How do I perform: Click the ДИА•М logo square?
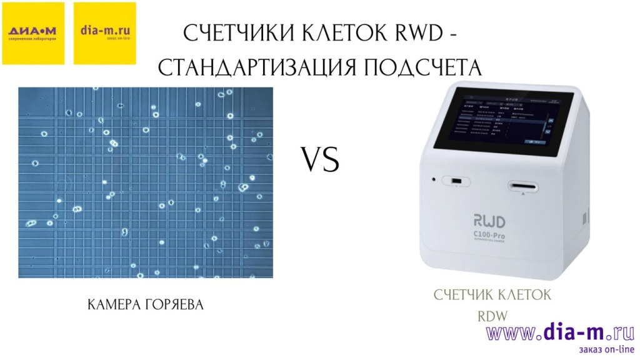(x=33, y=33)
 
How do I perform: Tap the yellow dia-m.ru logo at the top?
(x=104, y=33)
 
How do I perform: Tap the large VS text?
(x=321, y=160)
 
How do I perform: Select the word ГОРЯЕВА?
(x=175, y=305)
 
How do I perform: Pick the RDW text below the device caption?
(x=493, y=316)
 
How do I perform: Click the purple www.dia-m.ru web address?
(x=560, y=332)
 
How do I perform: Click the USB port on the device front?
(x=457, y=181)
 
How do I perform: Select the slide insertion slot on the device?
(x=522, y=186)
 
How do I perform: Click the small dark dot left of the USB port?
(x=432, y=181)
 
